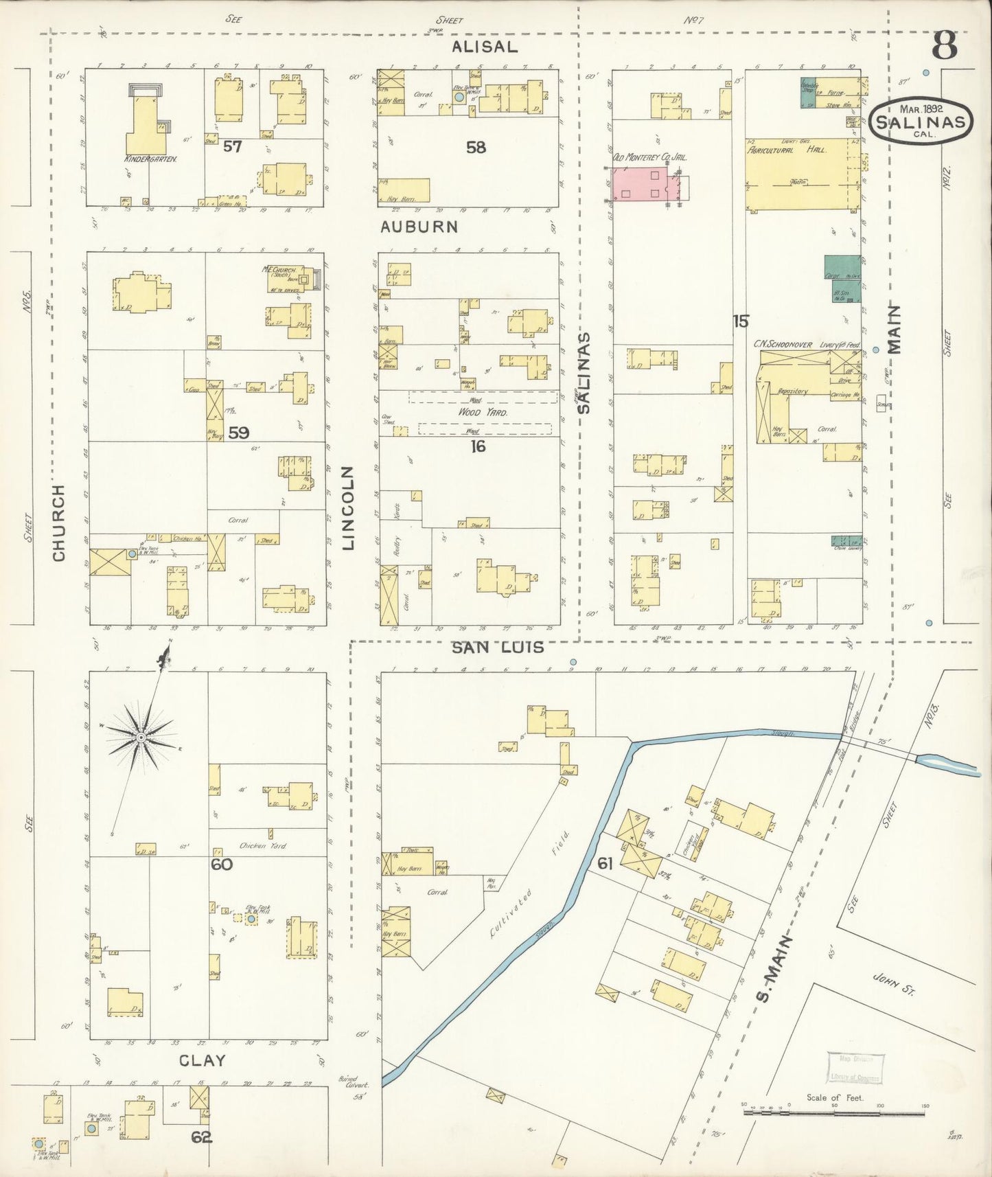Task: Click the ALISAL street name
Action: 485,47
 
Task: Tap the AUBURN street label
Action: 419,227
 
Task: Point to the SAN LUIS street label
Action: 498,647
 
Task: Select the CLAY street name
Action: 202,1060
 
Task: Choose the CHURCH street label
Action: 58,523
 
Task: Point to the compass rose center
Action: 140,737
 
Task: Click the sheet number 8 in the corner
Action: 945,47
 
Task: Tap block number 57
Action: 232,146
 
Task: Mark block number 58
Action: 476,147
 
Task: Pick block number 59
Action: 238,433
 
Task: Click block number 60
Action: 221,865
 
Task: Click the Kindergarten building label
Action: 150,159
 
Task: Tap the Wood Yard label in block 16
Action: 483,413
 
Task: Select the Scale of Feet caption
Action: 834,1097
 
